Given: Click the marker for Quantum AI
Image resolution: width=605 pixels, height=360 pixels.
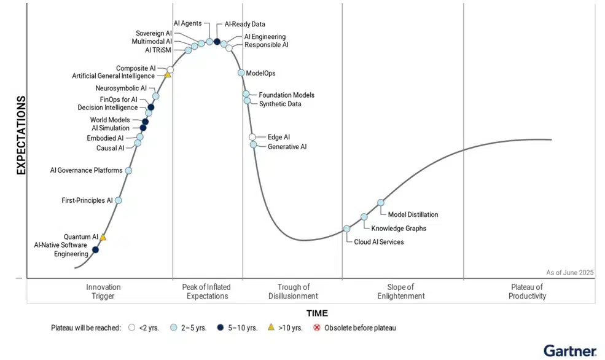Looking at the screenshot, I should (x=103, y=237).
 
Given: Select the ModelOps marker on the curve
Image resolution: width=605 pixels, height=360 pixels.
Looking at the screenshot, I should (x=241, y=73).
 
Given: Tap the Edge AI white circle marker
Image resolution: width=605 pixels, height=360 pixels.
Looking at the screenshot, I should (x=252, y=137).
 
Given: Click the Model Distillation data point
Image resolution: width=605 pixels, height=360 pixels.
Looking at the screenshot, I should (x=381, y=203).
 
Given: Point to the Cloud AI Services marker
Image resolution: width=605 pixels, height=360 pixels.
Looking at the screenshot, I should (x=346, y=229).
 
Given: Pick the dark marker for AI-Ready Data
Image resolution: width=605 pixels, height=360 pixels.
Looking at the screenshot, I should (x=217, y=42).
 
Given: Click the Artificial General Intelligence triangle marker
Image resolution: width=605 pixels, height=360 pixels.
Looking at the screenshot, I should (x=167, y=75).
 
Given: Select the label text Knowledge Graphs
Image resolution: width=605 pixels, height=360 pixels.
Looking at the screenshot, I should (x=399, y=229).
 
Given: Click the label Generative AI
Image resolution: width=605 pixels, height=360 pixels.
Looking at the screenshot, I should (x=287, y=147).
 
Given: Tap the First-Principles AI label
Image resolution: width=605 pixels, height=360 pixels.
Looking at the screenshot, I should (x=87, y=200).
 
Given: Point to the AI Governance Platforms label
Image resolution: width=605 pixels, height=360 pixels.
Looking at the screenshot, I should (x=86, y=170).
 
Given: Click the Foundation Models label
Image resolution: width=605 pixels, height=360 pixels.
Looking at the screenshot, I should (x=286, y=95).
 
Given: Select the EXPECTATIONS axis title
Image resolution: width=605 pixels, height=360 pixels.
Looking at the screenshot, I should (x=21, y=135).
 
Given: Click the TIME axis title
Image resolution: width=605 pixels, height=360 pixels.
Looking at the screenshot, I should (x=318, y=313).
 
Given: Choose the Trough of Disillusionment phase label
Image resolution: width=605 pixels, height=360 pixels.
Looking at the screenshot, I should (x=293, y=291).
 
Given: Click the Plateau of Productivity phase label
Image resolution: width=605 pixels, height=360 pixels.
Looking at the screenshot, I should (x=528, y=291).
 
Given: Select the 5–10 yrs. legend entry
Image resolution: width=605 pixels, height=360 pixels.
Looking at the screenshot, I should (x=240, y=328).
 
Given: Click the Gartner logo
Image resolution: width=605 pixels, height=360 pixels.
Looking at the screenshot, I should (x=569, y=351).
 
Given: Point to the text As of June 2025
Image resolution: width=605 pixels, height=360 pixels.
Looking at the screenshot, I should (x=569, y=272).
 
